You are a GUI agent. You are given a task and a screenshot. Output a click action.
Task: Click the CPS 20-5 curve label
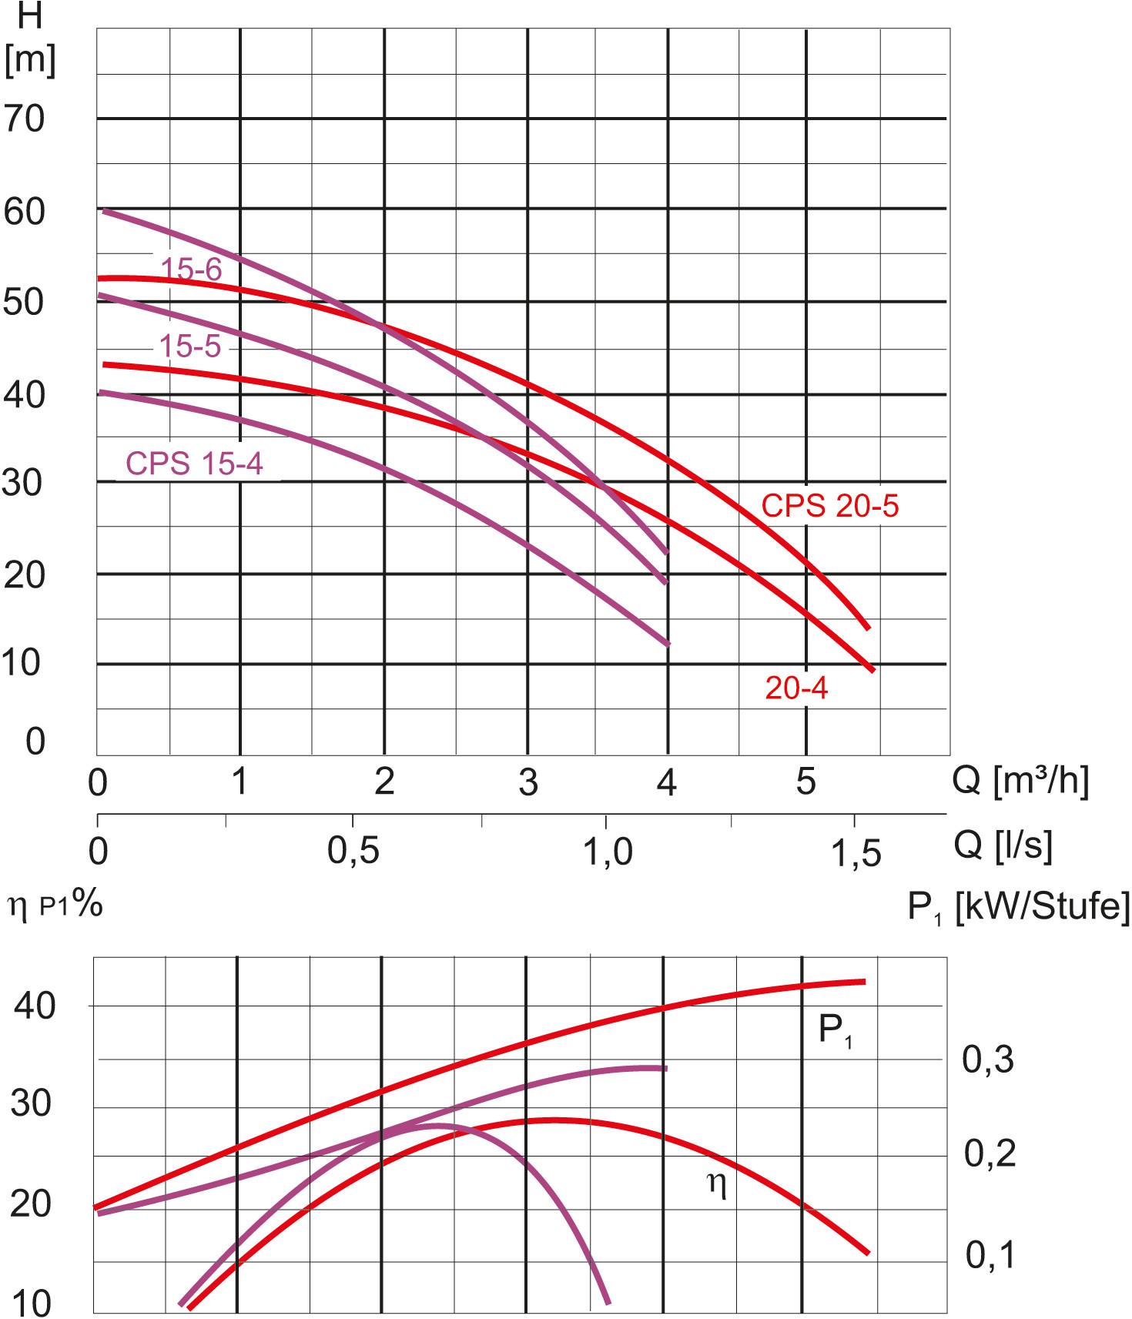click(x=829, y=507)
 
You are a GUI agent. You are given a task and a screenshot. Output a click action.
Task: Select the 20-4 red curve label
click(x=795, y=688)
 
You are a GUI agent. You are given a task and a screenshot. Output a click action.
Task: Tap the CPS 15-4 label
click(x=194, y=464)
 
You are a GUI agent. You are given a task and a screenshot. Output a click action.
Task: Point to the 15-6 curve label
click(x=190, y=269)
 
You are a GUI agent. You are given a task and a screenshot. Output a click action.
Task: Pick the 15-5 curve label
click(x=189, y=346)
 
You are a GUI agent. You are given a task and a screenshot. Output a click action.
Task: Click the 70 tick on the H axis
click(x=25, y=119)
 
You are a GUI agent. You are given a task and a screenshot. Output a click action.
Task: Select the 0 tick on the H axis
click(x=35, y=742)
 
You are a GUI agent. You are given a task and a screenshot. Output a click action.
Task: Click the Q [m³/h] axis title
click(x=1020, y=781)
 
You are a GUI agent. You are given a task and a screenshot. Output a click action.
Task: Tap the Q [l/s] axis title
click(x=1002, y=845)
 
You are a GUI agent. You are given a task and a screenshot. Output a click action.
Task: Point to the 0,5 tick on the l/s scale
click(x=353, y=852)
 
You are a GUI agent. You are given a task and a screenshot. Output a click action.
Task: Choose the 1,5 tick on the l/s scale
click(x=856, y=853)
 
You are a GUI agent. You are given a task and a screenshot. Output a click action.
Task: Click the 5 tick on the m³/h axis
click(x=805, y=782)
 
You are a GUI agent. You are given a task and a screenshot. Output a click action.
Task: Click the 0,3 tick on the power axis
click(x=988, y=1060)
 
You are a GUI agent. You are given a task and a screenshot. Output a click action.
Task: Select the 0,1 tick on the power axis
click(x=990, y=1255)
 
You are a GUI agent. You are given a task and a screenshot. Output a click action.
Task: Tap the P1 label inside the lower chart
click(x=835, y=1030)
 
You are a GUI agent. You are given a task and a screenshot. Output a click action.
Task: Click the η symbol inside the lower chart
click(x=717, y=1183)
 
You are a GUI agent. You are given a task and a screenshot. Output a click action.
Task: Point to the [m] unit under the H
click(x=30, y=59)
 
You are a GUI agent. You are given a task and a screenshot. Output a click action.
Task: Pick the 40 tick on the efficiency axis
click(x=35, y=1006)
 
